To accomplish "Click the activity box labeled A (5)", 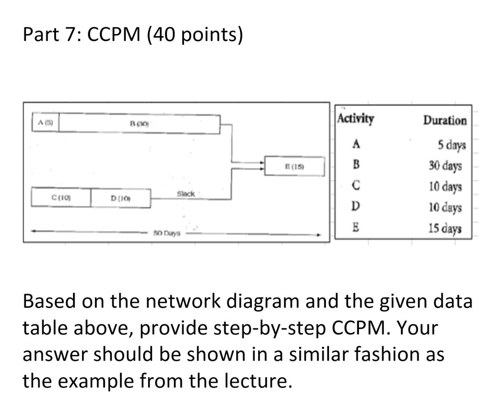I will click(45, 123).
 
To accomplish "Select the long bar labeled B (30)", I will click(139, 123).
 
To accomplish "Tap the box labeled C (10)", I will click(61, 198).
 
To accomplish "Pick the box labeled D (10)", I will click(121, 198).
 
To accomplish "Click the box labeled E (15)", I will click(294, 166).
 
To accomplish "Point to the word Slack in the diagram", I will click(186, 194).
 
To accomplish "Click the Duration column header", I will click(445, 120).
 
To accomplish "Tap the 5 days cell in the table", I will click(452, 145).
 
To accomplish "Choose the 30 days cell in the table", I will click(445, 166).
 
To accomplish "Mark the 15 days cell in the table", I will click(445, 229).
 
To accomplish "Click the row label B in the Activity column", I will click(356, 165).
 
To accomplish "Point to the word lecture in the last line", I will click(255, 381).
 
